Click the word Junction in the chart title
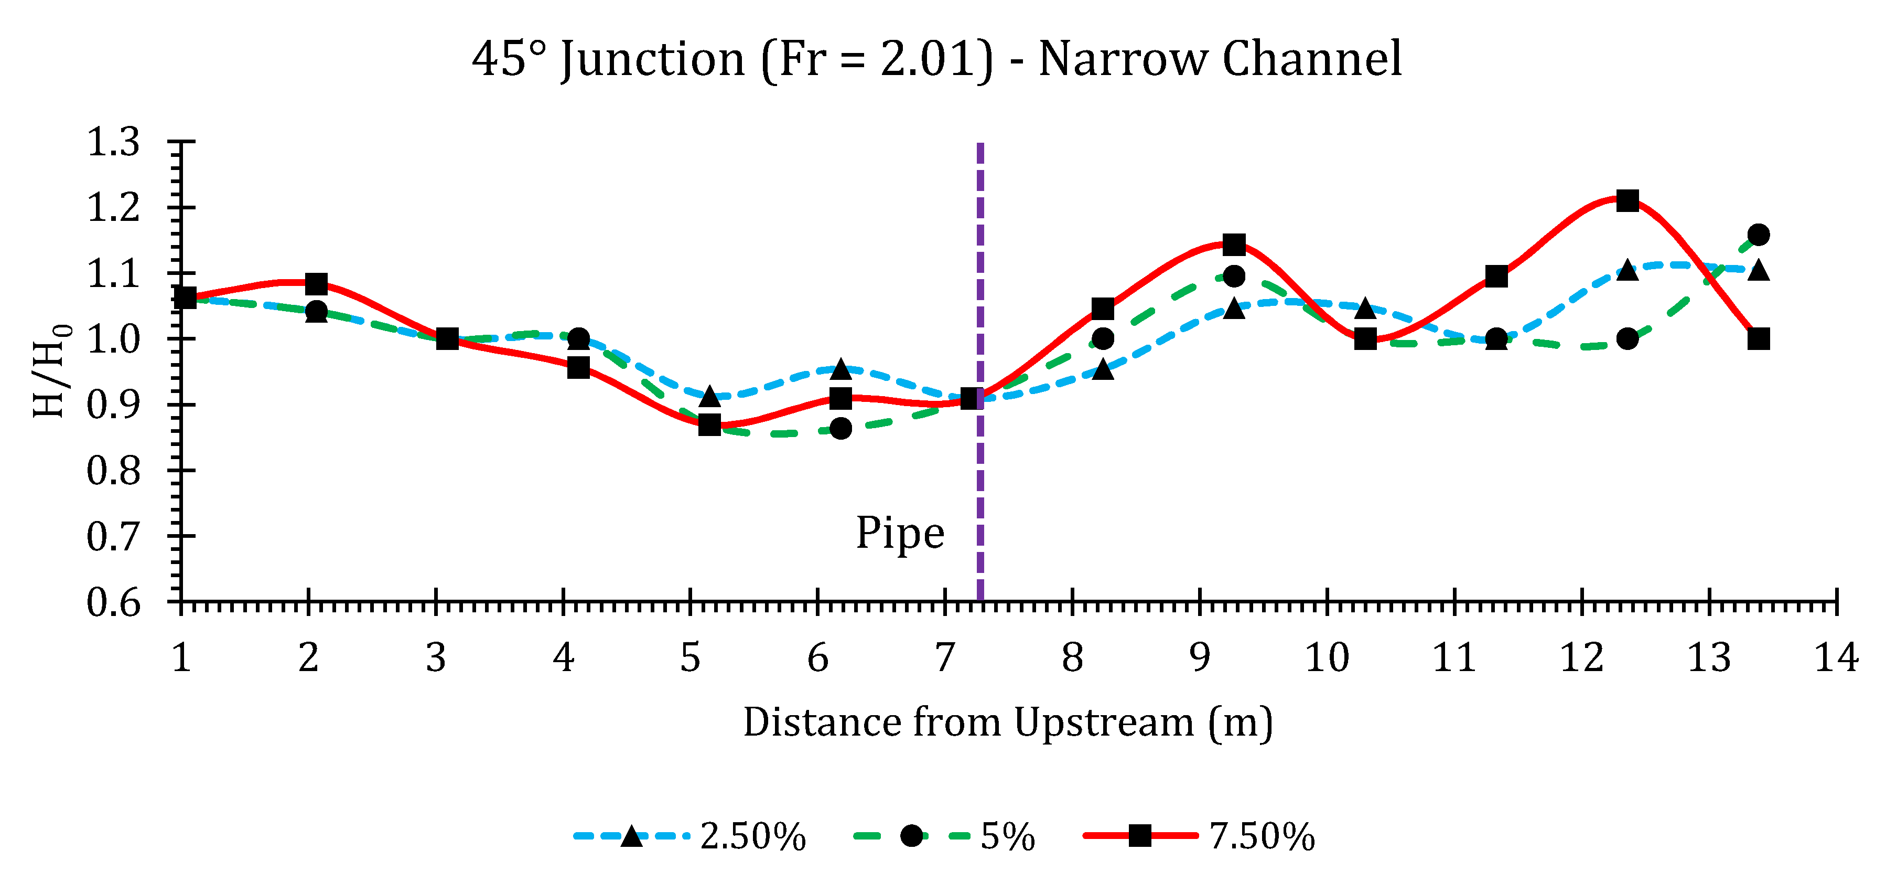pyautogui.click(x=652, y=60)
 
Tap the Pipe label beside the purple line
pyautogui.click(x=900, y=533)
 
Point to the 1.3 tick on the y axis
pyautogui.click(x=113, y=141)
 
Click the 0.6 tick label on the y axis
pyautogui.click(x=113, y=602)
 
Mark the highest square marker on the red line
pyautogui.click(x=1627, y=201)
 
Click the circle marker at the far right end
pyautogui.click(x=1758, y=235)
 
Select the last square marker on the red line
pyautogui.click(x=1758, y=339)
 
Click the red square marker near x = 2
pyautogui.click(x=316, y=283)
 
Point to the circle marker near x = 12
pyautogui.click(x=1627, y=339)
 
